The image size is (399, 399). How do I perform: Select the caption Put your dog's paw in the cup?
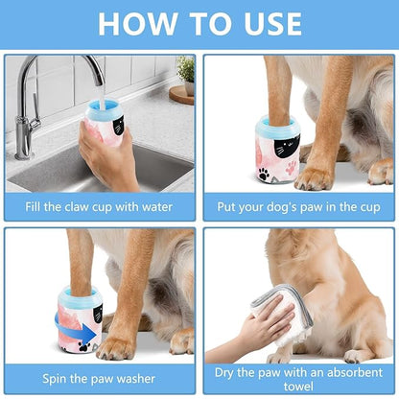(x=298, y=204)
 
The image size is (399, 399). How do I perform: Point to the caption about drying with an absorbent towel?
(x=298, y=377)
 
